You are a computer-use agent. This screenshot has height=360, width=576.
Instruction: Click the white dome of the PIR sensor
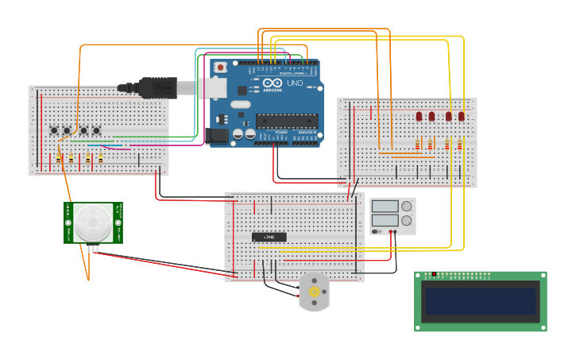(x=93, y=223)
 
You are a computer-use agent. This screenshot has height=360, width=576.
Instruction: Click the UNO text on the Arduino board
(x=294, y=83)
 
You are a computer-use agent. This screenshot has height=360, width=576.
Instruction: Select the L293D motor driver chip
(x=269, y=237)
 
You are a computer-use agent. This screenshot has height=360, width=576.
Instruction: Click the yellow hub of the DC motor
(x=315, y=292)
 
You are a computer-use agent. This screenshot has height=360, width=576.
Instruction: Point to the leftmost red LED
(x=419, y=116)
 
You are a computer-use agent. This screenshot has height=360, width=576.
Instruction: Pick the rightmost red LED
(x=462, y=116)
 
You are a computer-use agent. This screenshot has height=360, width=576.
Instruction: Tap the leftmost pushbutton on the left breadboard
(x=55, y=130)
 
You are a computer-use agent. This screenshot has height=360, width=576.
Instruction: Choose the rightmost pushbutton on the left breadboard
(x=97, y=130)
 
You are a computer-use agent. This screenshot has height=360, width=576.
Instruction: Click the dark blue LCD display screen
(x=480, y=302)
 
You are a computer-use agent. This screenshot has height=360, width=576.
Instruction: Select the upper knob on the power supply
(x=407, y=207)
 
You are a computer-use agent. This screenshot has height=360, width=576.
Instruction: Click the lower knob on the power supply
(x=407, y=221)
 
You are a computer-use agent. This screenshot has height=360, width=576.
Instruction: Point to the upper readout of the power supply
(x=385, y=207)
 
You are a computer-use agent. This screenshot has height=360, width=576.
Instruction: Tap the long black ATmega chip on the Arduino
(x=287, y=121)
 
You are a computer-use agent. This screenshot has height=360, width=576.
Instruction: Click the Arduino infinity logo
(x=273, y=83)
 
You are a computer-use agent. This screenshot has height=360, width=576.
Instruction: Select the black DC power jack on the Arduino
(x=218, y=137)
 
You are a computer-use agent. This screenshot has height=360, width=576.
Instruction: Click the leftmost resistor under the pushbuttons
(x=58, y=157)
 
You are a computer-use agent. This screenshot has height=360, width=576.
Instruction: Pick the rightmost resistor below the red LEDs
(x=459, y=145)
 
